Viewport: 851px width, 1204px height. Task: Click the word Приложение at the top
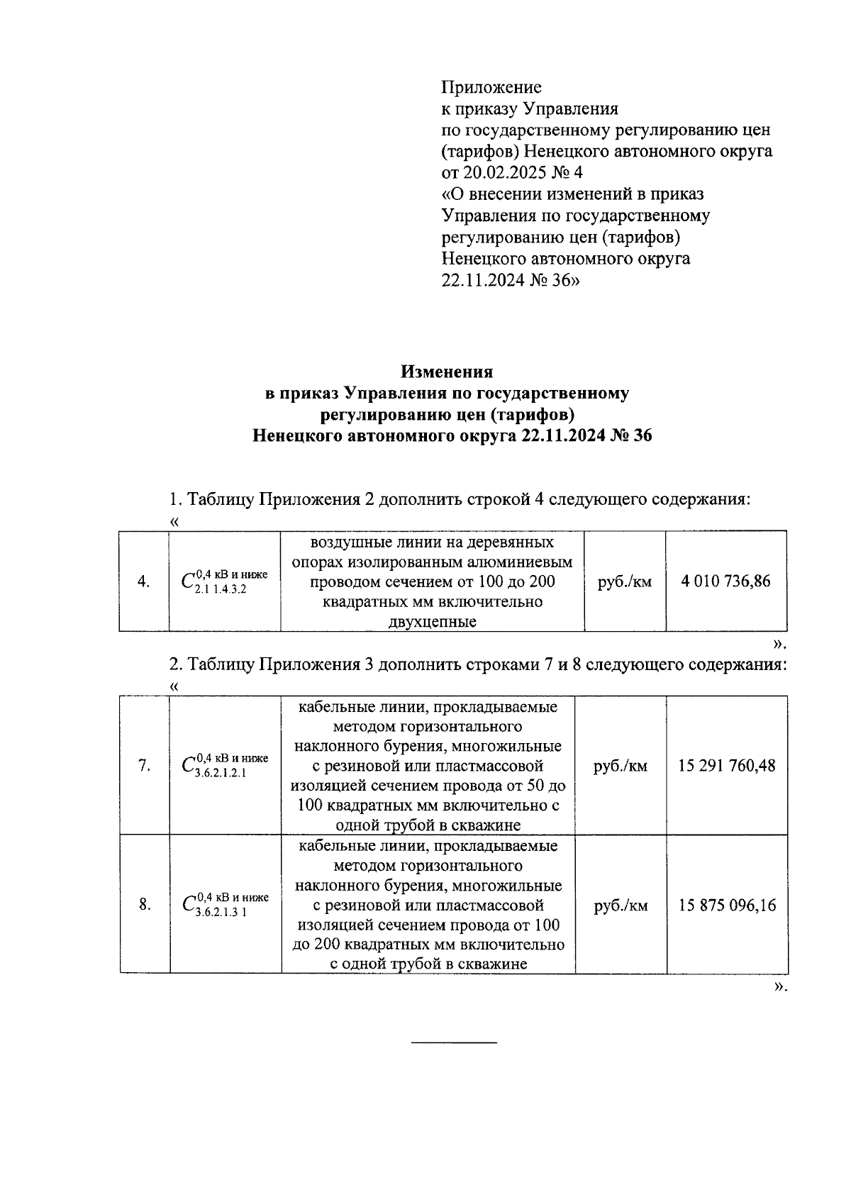coord(491,87)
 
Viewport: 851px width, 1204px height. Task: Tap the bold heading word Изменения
coord(447,372)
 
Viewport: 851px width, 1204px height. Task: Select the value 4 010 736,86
coord(725,581)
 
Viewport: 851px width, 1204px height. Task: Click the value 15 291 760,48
coord(727,766)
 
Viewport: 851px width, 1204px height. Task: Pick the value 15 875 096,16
coord(727,905)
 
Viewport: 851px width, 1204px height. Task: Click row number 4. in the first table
coord(143,582)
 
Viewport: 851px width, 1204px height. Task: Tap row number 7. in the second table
coord(144,766)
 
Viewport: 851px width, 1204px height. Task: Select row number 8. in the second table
coord(144,905)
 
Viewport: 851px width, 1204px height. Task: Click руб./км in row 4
coord(625,582)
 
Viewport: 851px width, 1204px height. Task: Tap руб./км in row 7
coord(621,766)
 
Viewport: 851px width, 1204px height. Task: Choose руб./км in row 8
coord(621,905)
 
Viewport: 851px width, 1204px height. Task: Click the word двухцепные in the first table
coord(432,622)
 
